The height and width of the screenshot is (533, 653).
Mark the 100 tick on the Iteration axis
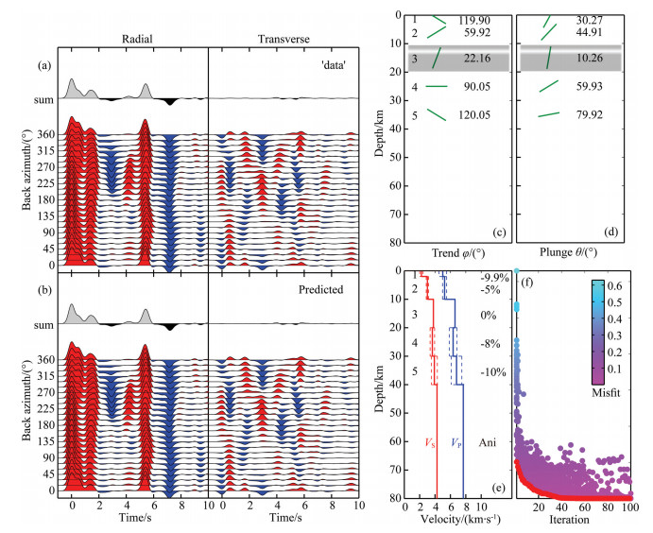(628, 507)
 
